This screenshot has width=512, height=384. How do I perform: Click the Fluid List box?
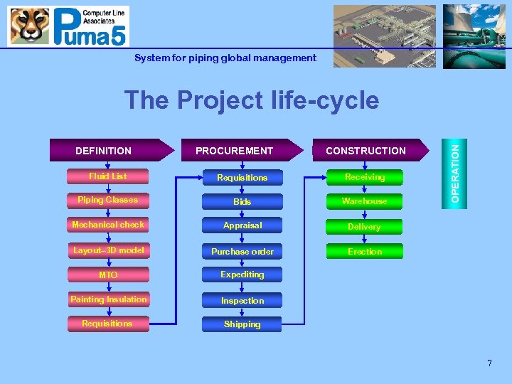(x=108, y=176)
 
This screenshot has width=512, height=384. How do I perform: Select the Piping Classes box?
(x=108, y=201)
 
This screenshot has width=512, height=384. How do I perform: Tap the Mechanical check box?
(x=108, y=225)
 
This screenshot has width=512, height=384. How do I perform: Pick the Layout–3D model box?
(x=108, y=250)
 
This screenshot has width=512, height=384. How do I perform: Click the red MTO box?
(x=108, y=274)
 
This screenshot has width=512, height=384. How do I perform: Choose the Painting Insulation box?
(x=108, y=299)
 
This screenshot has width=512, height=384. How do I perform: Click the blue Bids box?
(x=242, y=202)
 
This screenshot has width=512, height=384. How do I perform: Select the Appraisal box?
(x=242, y=225)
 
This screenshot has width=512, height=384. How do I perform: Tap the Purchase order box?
(x=242, y=251)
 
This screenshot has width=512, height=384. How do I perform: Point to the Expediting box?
(x=242, y=274)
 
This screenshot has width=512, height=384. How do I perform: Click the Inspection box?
(x=242, y=300)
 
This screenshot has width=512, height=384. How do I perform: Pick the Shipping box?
(x=242, y=324)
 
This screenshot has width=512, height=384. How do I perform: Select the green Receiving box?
(x=364, y=177)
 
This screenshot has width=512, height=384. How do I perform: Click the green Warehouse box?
(x=364, y=201)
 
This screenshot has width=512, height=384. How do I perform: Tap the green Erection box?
(x=364, y=251)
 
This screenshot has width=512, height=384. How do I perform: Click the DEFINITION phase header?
(x=107, y=150)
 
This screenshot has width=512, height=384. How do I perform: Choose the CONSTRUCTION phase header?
(x=366, y=150)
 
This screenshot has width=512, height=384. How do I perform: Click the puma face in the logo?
(x=29, y=26)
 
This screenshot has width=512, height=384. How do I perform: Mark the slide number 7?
(x=489, y=363)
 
